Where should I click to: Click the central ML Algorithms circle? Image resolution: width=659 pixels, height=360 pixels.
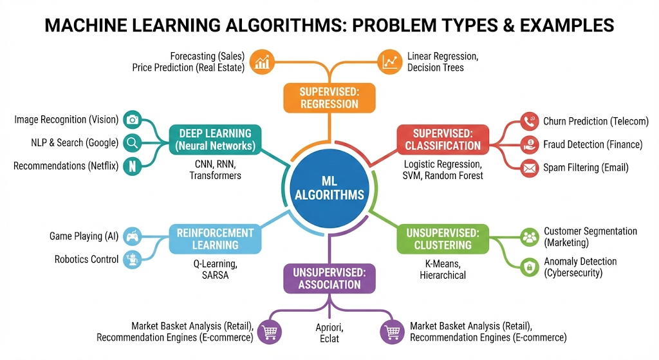point(329,187)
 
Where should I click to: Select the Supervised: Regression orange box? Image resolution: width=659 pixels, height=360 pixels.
point(329,98)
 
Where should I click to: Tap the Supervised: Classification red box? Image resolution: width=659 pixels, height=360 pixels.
point(442,139)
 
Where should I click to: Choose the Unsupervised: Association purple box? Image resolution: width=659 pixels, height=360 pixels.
point(329,278)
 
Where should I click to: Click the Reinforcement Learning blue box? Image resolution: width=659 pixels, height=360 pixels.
point(215,238)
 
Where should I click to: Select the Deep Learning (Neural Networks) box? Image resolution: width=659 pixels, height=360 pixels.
point(215,139)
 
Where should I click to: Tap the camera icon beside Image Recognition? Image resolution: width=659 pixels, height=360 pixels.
point(133,120)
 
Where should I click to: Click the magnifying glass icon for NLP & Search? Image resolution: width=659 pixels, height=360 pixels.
point(133,143)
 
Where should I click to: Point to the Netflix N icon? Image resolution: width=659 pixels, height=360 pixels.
point(133,166)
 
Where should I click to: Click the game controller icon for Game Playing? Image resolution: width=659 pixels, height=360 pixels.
point(133,236)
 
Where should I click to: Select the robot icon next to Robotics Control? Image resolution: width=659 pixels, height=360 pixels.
point(133,260)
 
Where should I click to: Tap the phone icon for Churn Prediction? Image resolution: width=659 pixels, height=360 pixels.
point(530,121)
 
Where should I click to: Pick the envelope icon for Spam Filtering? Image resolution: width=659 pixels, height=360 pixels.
point(530,168)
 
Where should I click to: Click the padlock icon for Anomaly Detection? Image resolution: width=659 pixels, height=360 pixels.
point(530,267)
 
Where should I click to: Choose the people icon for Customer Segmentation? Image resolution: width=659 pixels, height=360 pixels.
point(530,237)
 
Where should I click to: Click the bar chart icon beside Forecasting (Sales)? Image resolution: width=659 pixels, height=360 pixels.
point(263,61)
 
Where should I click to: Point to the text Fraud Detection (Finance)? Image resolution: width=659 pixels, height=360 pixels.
point(593,145)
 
